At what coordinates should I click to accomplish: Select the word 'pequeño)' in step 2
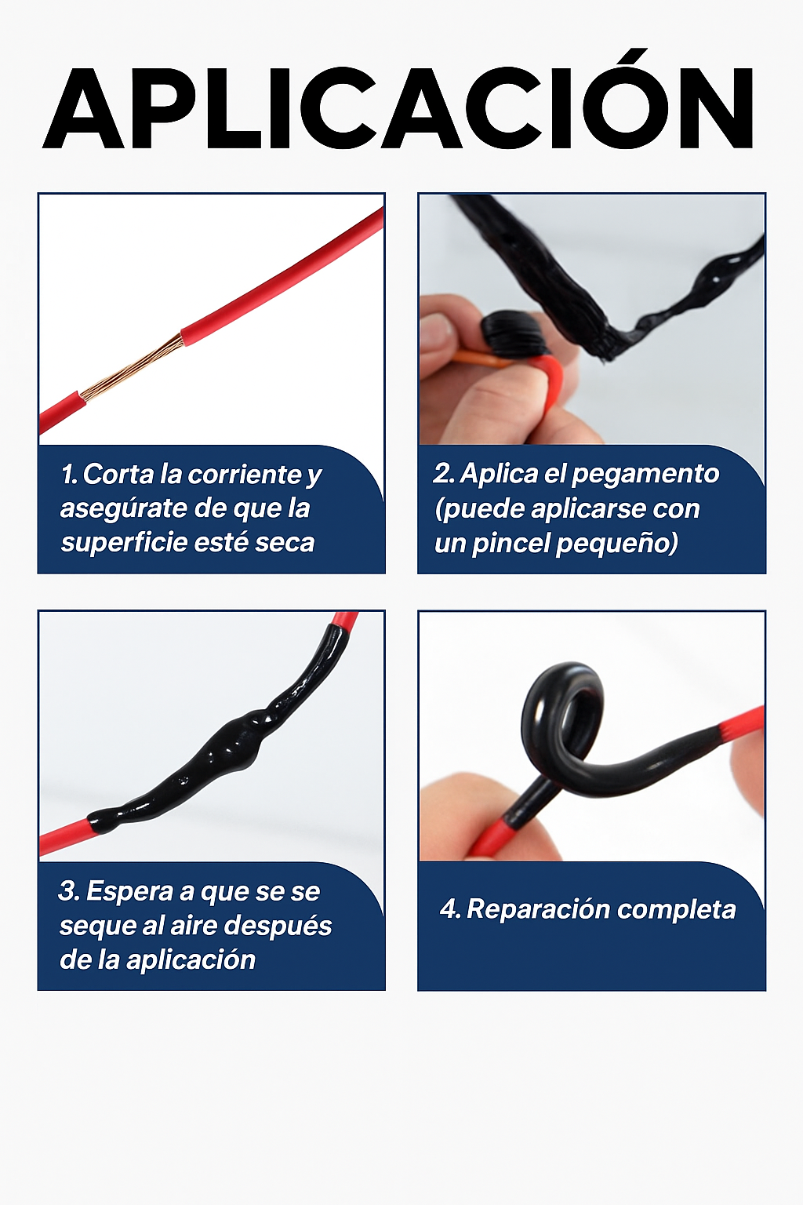coord(617,544)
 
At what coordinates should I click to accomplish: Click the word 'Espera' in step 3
coord(129,892)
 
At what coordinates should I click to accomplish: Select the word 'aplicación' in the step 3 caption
coord(191,960)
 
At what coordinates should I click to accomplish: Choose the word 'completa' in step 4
coord(676,911)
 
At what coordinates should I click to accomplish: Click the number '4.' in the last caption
coord(450,909)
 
